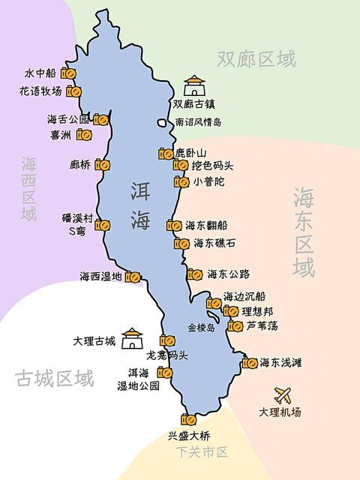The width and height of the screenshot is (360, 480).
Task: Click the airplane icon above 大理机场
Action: point(283,394)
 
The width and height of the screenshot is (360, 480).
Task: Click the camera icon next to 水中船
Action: point(68,73)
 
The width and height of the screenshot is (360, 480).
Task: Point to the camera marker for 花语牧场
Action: point(73,91)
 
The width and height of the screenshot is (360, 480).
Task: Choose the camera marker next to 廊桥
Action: point(103,164)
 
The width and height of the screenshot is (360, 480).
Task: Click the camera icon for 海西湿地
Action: point(133,277)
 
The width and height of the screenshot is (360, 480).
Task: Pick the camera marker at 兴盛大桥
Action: point(188,419)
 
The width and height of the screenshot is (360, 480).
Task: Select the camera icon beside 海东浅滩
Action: point(250,363)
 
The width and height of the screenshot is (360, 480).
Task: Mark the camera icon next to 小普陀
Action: point(181,181)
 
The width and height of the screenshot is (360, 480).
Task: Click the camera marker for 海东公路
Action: point(195,274)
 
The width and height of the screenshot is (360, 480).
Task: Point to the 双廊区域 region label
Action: point(256,58)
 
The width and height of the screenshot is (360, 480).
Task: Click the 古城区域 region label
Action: point(55,379)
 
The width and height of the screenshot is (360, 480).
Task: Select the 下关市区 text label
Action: point(202,451)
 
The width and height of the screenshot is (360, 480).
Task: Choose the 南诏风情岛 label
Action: point(199,121)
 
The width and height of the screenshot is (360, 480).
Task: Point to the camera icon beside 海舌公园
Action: point(101,119)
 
